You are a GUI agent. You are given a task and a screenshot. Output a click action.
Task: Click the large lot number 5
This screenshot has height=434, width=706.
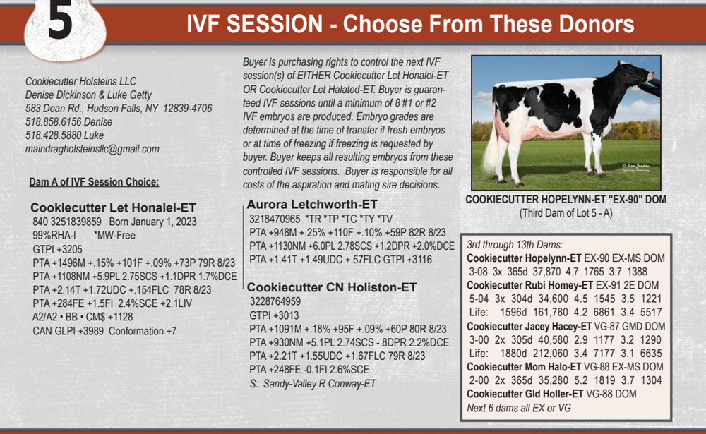[60, 21]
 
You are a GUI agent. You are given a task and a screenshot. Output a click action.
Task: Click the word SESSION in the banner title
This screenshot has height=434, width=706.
[275, 24]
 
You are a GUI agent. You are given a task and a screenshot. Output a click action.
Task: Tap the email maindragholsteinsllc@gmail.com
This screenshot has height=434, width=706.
[92, 149]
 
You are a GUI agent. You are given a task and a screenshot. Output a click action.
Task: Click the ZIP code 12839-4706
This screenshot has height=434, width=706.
[187, 108]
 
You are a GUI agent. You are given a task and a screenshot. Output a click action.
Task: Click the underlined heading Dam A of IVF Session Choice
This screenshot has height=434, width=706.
[94, 182]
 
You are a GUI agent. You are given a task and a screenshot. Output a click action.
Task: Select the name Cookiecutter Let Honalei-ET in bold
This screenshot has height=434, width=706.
[114, 207]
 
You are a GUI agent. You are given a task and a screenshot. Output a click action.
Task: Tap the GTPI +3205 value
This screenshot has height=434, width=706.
[58, 249]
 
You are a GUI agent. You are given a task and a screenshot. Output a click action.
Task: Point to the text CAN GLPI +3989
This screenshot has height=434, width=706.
[68, 331]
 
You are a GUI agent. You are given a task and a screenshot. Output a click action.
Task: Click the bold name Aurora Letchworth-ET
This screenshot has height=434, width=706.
[312, 205]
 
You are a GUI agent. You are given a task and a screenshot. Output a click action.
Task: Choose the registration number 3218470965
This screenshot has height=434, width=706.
[275, 219]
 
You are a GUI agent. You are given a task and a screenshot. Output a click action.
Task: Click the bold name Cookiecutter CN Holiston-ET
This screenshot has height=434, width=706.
[332, 287]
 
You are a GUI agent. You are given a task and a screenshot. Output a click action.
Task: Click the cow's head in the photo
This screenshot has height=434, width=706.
[635, 72]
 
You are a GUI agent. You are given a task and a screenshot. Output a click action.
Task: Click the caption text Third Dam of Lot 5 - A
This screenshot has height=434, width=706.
[566, 213]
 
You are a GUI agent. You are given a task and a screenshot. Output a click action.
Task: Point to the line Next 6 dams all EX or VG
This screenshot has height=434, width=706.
[519, 408]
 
